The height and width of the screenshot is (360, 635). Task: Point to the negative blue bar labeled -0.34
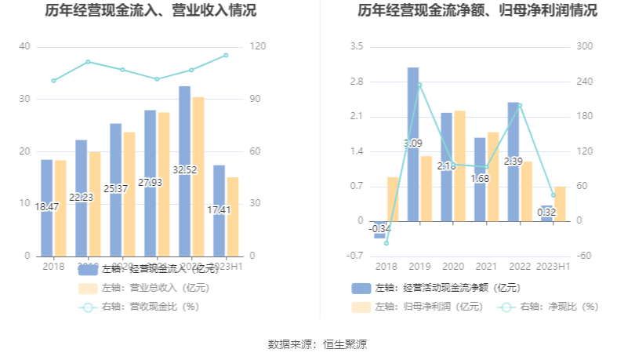tap(379, 229)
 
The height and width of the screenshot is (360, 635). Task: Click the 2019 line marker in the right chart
tap(419, 85)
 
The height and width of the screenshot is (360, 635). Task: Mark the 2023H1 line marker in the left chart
tap(226, 55)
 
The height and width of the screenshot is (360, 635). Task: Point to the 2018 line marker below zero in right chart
tap(386, 243)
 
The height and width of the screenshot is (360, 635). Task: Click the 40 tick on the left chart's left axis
tap(24, 47)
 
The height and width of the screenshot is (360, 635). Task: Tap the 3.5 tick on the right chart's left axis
tap(357, 47)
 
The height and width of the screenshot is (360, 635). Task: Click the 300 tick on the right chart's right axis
tap(585, 47)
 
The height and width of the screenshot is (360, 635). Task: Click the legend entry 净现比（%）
tap(558, 307)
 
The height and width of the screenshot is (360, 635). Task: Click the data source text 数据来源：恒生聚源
tap(317, 344)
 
